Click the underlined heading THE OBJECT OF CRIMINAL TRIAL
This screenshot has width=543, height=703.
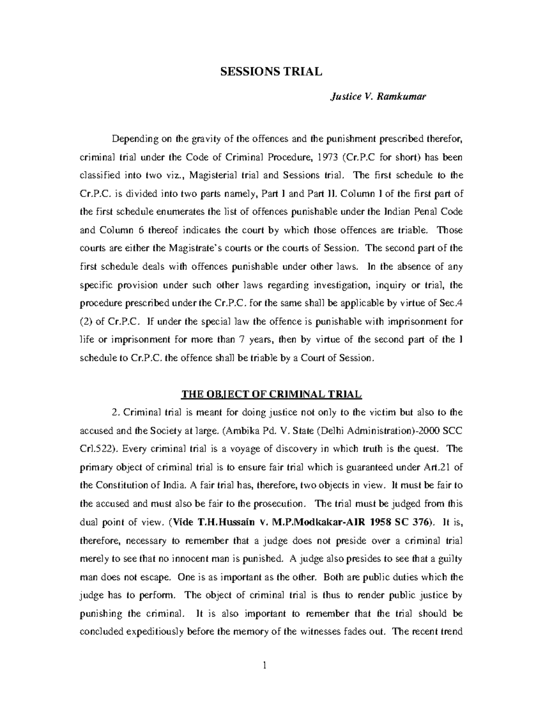271,394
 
